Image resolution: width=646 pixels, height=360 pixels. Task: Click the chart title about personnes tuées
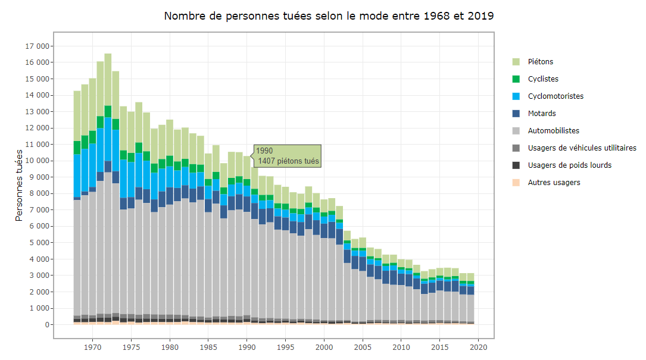point(329,16)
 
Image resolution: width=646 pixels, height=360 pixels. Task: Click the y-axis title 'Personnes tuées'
point(19,185)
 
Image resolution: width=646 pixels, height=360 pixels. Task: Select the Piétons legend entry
point(541,62)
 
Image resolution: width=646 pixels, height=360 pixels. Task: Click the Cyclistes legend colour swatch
point(516,79)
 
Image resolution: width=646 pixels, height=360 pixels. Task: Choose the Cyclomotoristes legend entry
point(556,96)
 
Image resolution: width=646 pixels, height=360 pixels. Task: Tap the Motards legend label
point(542,114)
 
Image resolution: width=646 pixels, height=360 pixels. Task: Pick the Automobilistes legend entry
point(553,131)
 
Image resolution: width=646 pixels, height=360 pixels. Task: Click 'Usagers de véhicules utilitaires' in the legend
point(582,148)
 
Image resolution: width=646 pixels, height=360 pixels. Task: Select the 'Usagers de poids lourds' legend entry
point(569,165)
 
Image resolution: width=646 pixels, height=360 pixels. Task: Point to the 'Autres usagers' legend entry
point(554,183)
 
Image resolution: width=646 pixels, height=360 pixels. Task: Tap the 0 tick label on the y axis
point(45,325)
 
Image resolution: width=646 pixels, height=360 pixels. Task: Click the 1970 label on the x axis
point(92,347)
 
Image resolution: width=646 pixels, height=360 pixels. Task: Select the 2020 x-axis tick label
point(479,347)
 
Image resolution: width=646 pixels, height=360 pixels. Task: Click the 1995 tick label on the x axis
point(286,347)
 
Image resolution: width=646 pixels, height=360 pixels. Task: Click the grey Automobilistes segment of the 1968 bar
point(77,256)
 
